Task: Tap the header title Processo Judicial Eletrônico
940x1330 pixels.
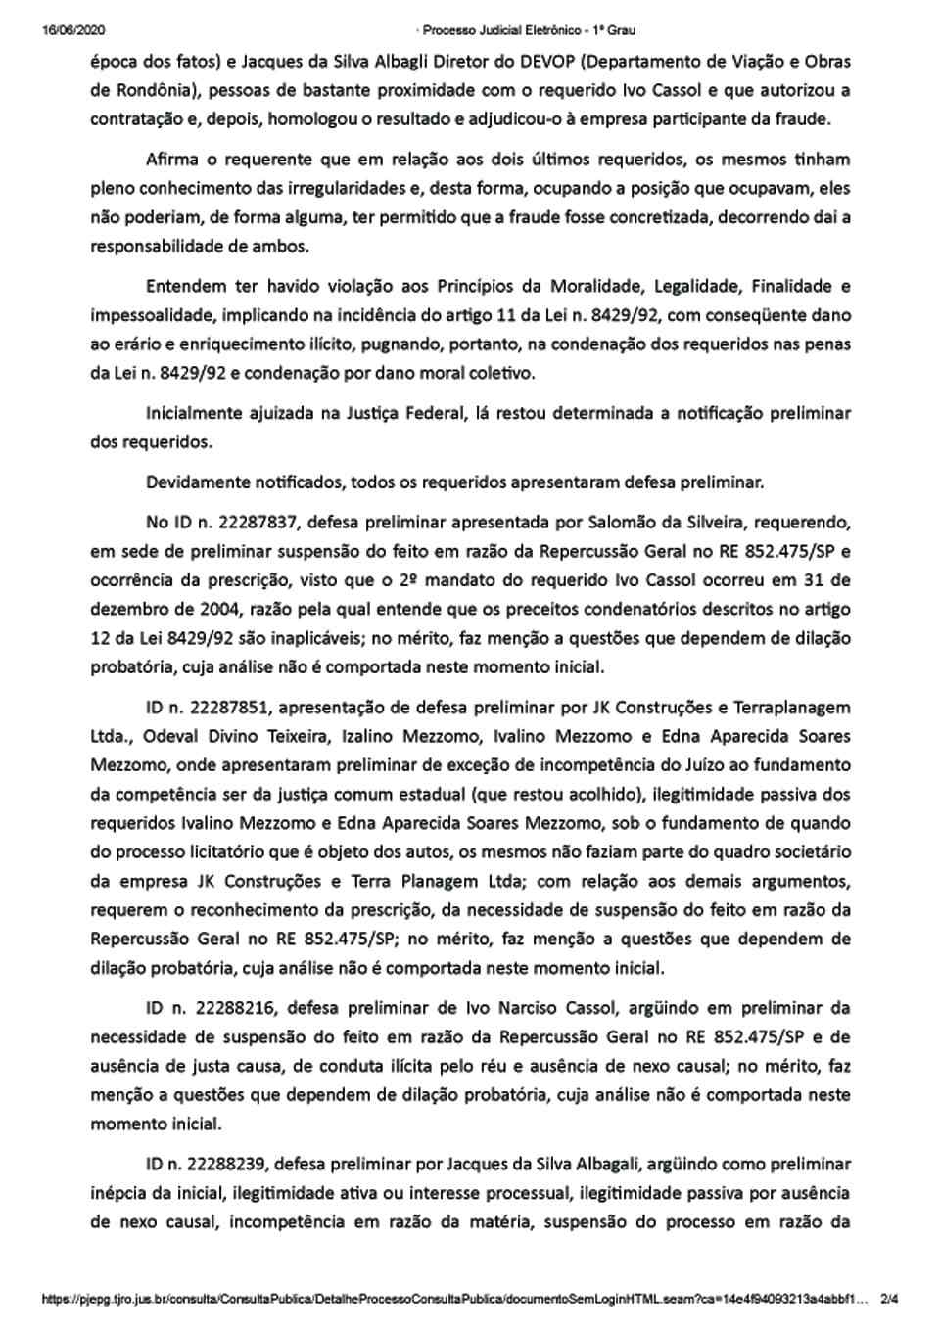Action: point(516,30)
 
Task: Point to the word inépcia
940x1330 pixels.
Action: point(119,1193)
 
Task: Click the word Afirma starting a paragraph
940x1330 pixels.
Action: point(173,160)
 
